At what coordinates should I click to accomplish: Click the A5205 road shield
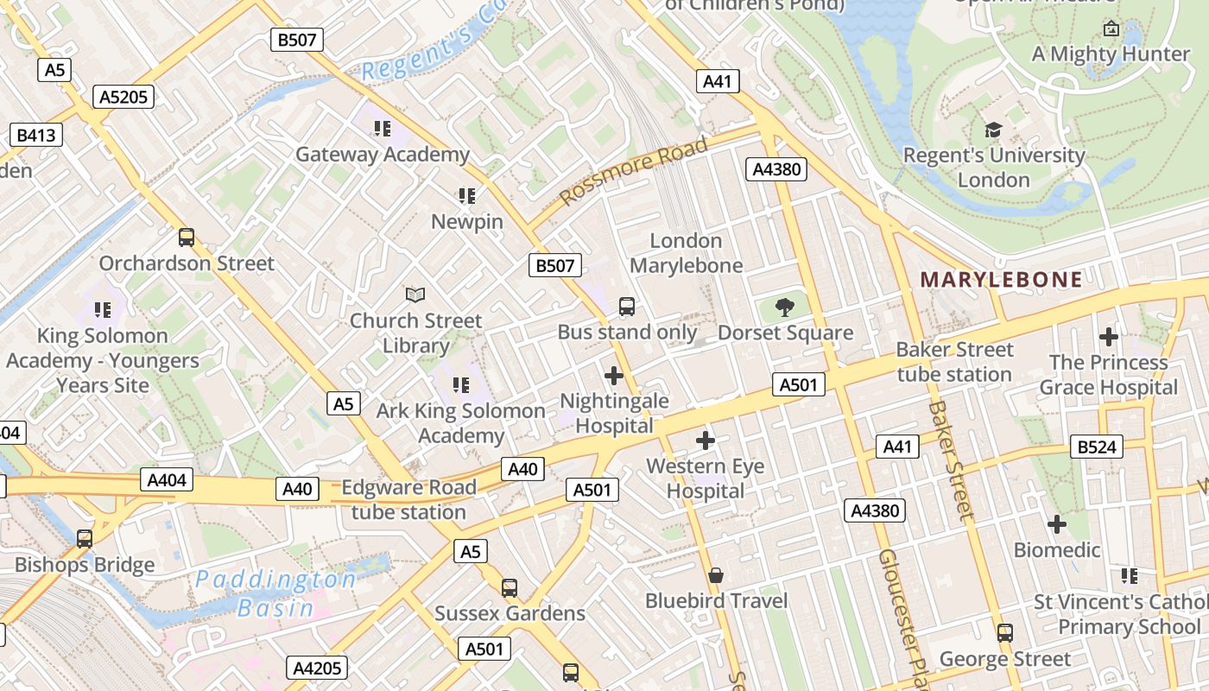(124, 97)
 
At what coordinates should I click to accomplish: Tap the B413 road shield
(36, 135)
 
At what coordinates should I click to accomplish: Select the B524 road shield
(1098, 447)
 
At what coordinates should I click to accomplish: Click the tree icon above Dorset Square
(785, 306)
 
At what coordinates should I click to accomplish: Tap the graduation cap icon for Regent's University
(993, 130)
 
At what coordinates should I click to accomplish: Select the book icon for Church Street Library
(415, 295)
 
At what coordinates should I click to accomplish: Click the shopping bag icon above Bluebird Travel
(716, 575)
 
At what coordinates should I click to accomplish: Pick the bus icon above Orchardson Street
(186, 237)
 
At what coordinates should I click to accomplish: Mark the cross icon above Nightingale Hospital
(614, 376)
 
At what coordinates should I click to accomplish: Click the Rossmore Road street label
(634, 170)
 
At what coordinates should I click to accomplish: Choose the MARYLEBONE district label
(1001, 280)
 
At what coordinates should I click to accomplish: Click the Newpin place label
(467, 222)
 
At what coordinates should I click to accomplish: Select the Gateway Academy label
(383, 155)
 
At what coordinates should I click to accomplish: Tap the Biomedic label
(1057, 550)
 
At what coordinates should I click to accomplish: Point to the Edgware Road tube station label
(408, 499)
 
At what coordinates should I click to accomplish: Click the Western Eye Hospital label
(706, 479)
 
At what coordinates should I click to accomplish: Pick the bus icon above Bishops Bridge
(85, 539)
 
